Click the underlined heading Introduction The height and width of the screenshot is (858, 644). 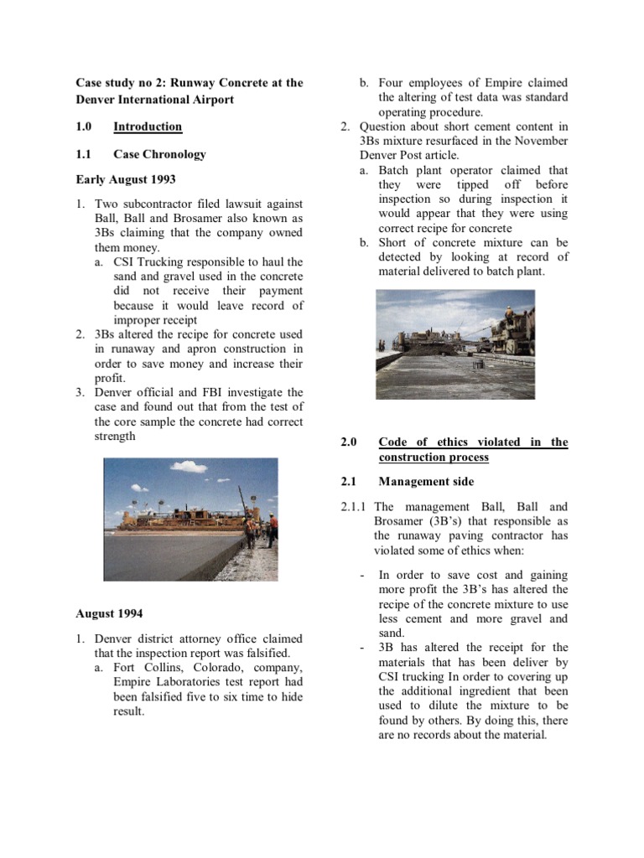click(148, 127)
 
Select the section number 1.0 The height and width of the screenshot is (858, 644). click(85, 127)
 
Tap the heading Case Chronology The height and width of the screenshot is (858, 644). click(159, 154)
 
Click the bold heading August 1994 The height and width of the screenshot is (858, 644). click(108, 613)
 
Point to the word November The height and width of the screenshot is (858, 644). click(538, 141)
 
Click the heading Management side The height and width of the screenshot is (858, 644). click(426, 481)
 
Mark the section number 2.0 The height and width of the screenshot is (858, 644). click(349, 442)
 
